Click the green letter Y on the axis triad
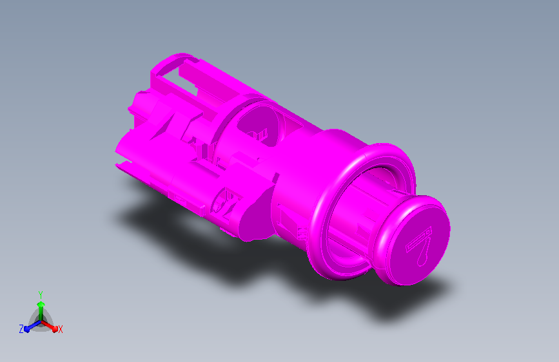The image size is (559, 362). (40, 294)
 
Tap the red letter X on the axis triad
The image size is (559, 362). (60, 329)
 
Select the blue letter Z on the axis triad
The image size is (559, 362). (21, 329)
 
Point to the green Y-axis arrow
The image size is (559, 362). (40, 306)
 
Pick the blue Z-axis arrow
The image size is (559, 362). (30, 326)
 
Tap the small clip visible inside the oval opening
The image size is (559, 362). (260, 135)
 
